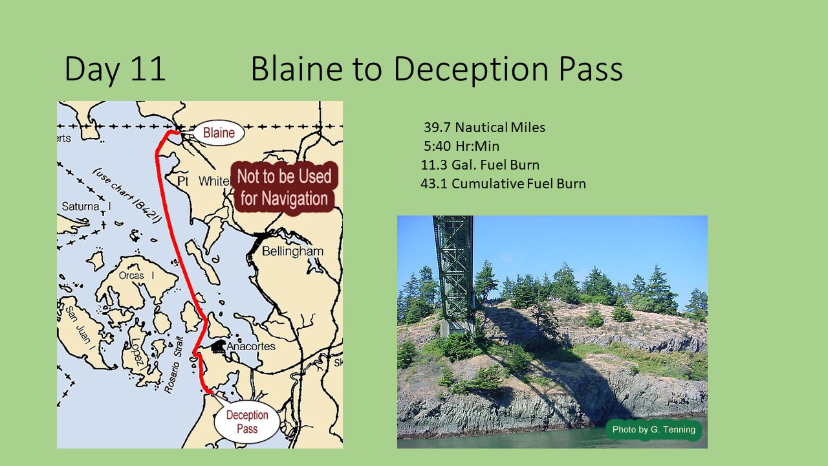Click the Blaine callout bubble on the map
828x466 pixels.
219,133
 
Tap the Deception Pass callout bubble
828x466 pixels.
247,422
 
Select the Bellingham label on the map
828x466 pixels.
292,252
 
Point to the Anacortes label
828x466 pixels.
251,346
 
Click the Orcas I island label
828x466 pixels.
136,276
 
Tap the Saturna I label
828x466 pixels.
86,206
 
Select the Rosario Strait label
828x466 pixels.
174,364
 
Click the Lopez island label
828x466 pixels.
137,352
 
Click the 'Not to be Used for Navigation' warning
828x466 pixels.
284,187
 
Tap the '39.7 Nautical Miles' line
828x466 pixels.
485,128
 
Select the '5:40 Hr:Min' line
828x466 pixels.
461,146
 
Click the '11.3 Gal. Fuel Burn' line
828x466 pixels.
480,165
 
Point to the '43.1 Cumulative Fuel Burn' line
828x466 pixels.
503,184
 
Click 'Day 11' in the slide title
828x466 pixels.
115,69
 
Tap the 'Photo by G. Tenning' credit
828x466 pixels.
654,429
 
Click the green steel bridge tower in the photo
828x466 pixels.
454,274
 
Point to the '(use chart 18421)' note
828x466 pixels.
127,196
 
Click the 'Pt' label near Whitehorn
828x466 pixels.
183,181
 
